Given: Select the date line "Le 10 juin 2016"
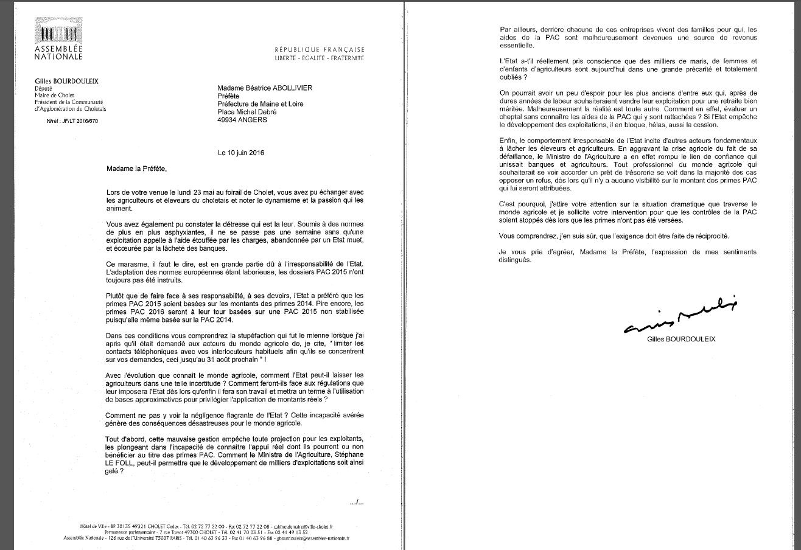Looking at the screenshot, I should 241,153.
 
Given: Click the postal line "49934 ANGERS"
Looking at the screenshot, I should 242,120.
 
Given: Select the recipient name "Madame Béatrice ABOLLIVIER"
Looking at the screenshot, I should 265,88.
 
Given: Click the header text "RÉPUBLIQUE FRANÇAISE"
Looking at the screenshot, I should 320,49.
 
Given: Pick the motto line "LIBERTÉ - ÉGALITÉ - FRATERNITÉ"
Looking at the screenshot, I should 320,58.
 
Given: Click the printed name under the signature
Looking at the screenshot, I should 681,339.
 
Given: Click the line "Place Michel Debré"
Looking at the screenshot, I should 247,112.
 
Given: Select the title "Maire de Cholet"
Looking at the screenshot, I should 56,96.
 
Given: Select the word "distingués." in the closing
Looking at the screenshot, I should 515,260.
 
